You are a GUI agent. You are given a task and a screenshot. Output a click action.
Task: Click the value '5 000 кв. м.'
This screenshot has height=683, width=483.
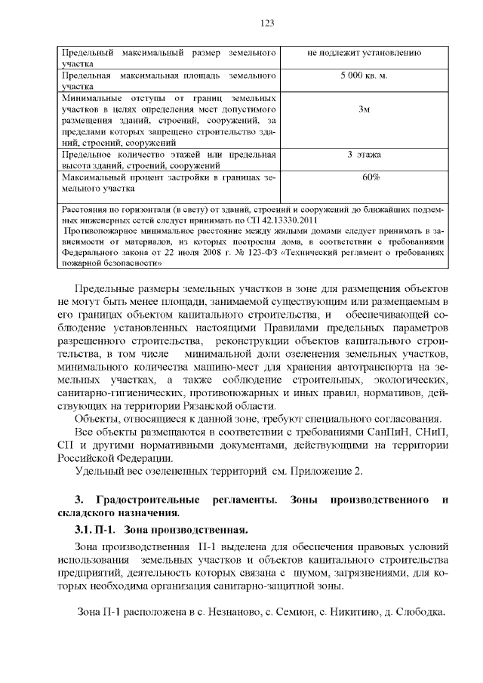pos(364,76)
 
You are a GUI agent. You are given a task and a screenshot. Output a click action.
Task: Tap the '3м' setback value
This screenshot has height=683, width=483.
pos(364,109)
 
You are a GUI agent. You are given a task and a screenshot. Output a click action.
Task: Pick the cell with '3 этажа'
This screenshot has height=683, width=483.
pos(364,155)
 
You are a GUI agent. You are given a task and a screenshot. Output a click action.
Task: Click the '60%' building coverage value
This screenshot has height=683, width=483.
pos(371,177)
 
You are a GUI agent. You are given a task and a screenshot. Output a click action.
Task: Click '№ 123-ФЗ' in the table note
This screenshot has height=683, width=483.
pos(233,254)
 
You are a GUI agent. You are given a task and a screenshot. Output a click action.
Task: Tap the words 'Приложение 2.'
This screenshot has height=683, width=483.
pos(325,472)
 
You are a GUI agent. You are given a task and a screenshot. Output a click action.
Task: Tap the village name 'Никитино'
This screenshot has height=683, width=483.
pos(350,611)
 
